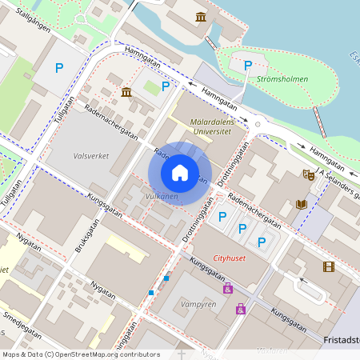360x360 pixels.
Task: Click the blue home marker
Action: tap(180, 171)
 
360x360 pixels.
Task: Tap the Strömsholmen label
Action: tap(282, 79)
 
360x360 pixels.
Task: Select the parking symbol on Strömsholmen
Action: tap(248, 65)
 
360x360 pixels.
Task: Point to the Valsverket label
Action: tap(90, 156)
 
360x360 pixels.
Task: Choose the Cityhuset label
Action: tap(231, 258)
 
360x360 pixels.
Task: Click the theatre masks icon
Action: tap(308, 174)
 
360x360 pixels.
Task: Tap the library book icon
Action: tap(301, 205)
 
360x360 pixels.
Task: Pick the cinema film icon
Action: tap(328, 266)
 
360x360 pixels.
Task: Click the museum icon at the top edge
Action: tap(200, 17)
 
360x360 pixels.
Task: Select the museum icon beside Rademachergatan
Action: tap(126, 93)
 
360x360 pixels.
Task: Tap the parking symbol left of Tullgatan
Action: tap(59, 69)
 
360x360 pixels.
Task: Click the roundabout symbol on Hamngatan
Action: tap(258, 124)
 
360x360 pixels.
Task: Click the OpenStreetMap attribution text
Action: tap(81, 354)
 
